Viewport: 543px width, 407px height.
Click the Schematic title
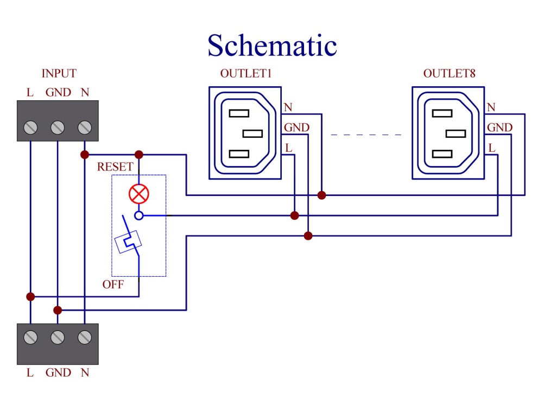[272, 46]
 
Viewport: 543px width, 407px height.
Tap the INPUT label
[59, 73]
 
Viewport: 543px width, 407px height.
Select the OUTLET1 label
[246, 73]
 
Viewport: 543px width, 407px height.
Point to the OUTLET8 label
[449, 73]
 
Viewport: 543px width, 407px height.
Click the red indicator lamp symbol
[139, 194]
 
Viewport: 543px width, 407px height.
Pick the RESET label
[115, 167]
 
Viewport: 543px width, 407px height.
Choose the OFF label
[113, 284]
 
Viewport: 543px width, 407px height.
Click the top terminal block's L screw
[30, 128]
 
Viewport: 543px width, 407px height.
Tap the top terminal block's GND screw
[58, 128]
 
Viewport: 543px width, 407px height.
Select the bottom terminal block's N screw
[85, 337]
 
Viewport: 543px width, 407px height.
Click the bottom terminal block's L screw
[30, 337]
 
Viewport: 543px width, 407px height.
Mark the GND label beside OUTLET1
[296, 128]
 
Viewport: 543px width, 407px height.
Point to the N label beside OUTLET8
[491, 107]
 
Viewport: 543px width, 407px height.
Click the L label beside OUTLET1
[288, 148]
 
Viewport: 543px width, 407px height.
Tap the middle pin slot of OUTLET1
[252, 133]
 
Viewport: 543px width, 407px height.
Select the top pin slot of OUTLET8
[442, 113]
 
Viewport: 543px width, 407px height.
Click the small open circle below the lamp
[139, 215]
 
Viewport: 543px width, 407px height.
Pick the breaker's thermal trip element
[128, 242]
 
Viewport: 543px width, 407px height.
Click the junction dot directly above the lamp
[139, 154]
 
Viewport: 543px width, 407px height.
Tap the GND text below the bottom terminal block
[58, 373]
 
